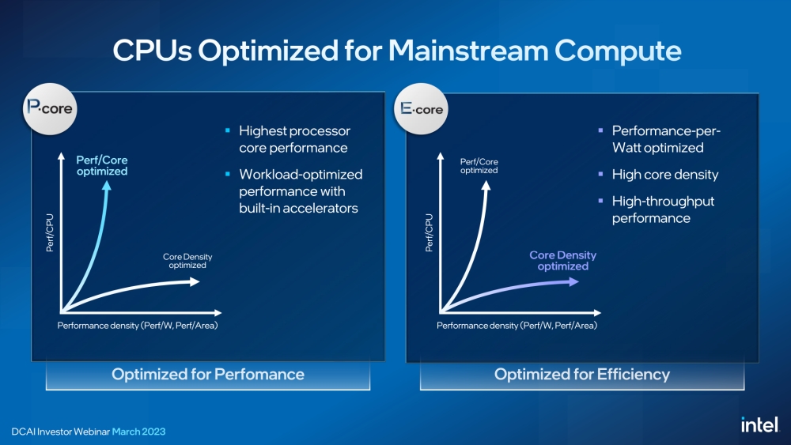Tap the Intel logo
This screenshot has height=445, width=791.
[x=759, y=424]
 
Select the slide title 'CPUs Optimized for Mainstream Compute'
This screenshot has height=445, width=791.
[x=396, y=51]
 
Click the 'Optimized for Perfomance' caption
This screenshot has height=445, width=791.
[x=207, y=374]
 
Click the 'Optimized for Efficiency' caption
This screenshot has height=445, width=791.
[x=582, y=374]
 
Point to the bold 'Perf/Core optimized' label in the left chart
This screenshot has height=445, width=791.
[x=101, y=165]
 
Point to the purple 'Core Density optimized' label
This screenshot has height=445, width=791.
[x=562, y=261]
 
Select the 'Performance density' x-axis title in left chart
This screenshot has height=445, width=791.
[x=137, y=325]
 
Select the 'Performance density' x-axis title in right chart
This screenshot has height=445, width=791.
[x=517, y=325]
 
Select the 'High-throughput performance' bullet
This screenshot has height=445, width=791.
[x=663, y=209]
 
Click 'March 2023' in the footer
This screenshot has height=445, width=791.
[x=138, y=432]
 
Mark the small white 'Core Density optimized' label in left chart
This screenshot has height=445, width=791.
[x=187, y=261]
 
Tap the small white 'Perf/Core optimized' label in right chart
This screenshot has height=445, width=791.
[x=479, y=166]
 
